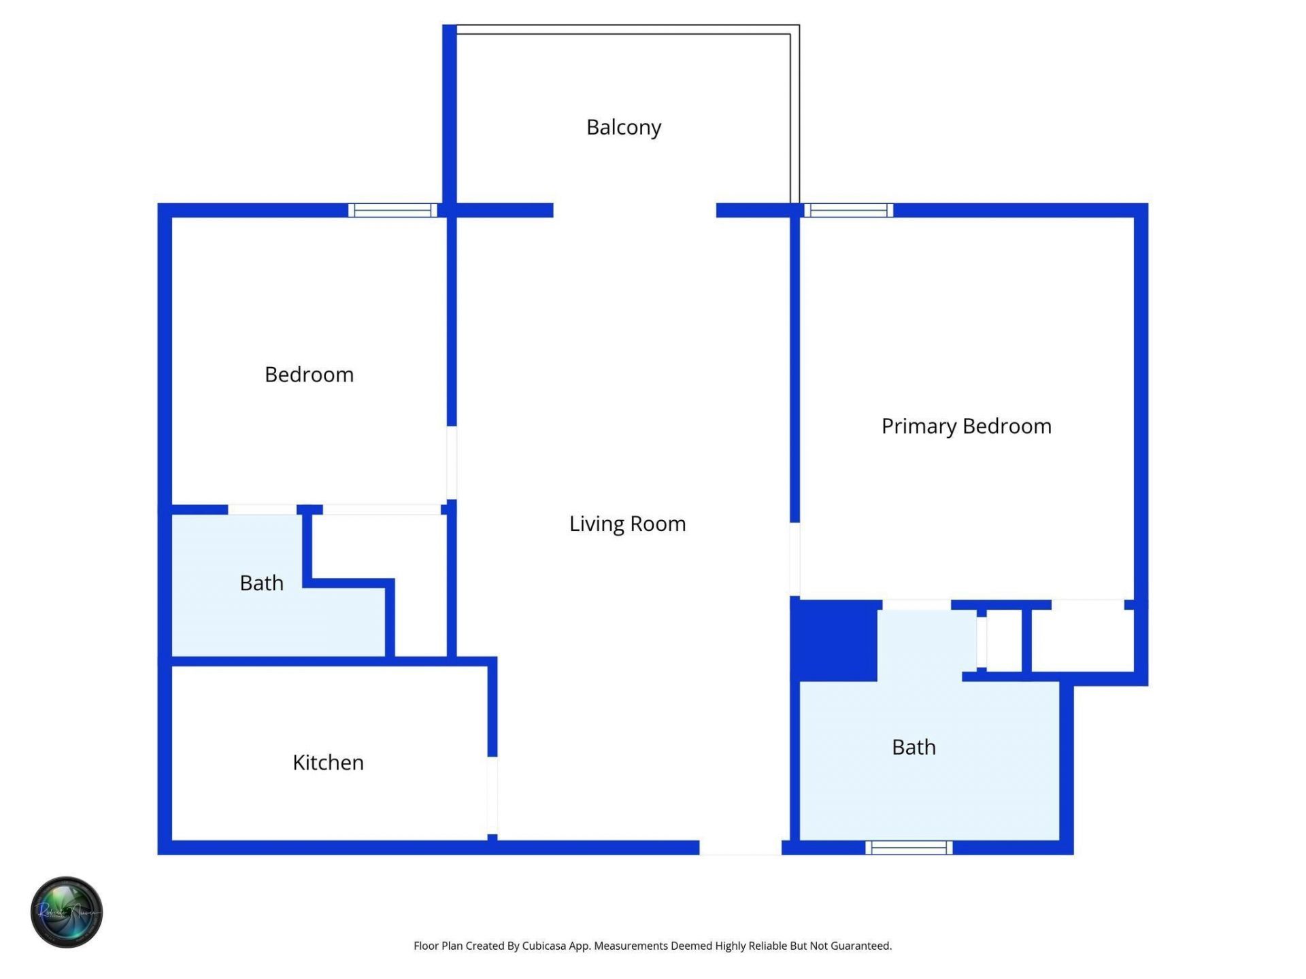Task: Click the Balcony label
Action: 623,127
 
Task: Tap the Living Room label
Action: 627,523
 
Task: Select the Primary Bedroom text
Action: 966,426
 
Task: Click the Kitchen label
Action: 328,762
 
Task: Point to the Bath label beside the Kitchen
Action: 261,583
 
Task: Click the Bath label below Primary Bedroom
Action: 914,747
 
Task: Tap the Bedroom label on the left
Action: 309,375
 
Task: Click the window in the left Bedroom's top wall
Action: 392,210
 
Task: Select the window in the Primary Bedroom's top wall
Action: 848,210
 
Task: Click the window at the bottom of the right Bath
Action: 909,847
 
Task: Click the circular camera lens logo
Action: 67,912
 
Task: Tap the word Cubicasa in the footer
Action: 544,946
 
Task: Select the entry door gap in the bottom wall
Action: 740,847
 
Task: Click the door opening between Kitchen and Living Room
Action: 492,795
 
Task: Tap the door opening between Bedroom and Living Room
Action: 452,462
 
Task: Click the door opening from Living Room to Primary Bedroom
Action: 794,559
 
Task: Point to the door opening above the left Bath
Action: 262,509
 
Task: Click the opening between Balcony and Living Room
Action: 634,210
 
